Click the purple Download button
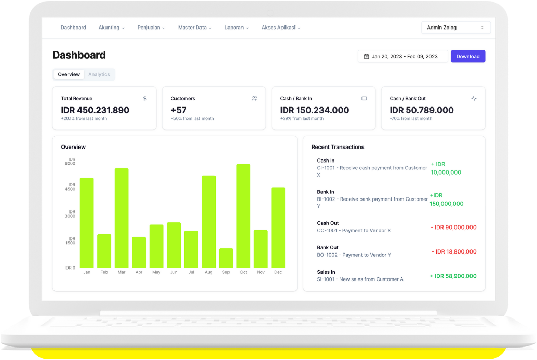[467, 56]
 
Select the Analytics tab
[99, 74]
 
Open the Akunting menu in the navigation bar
[111, 28]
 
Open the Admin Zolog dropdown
[455, 28]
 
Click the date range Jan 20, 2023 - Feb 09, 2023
[402, 56]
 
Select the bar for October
[243, 216]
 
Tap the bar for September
[226, 258]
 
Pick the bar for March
[122, 218]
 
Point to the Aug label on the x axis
[208, 272]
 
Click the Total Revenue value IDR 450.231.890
[95, 110]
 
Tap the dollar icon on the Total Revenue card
[145, 98]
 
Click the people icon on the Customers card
[254, 98]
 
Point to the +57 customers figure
[178, 110]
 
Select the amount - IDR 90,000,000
[453, 227]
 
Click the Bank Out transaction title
[327, 247]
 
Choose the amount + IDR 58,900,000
[453, 276]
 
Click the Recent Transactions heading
[338, 147]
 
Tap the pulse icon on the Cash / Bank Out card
[474, 98]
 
